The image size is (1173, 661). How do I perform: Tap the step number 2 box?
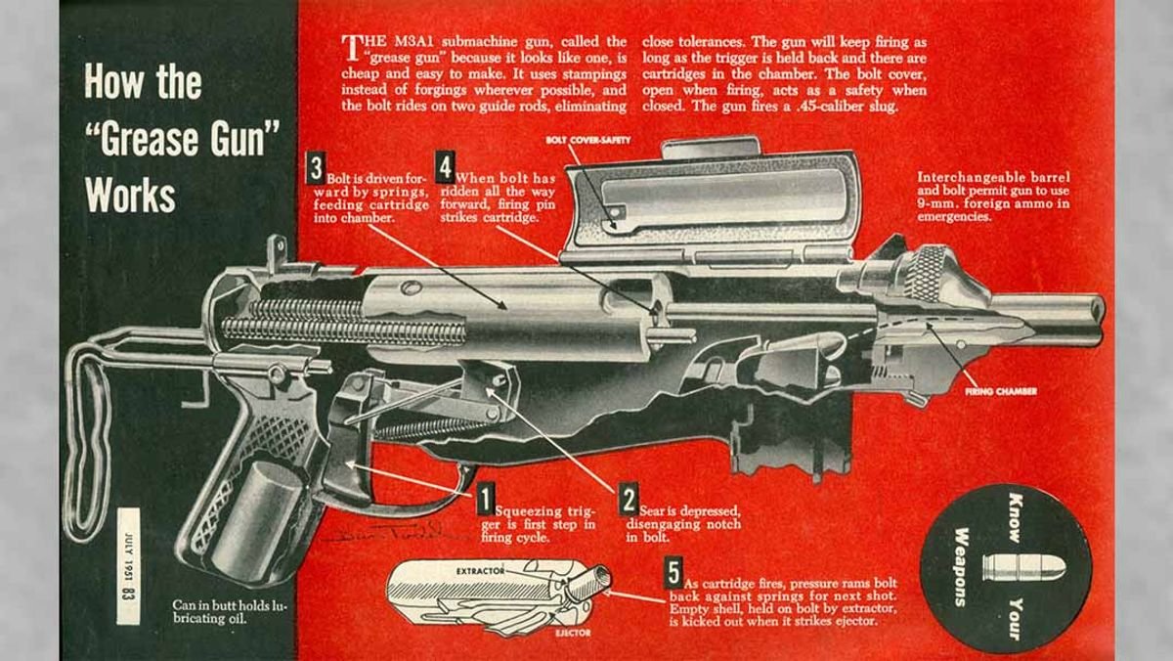pos(630,499)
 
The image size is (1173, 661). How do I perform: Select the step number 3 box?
pos(316,166)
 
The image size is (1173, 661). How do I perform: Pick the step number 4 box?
pos(445,166)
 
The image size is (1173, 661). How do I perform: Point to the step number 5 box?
pos(673,571)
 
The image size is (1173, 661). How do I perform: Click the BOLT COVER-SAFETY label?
pos(588,140)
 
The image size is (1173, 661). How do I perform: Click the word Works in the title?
pos(130,196)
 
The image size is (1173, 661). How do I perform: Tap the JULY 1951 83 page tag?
pos(128,566)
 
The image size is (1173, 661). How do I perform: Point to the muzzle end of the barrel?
pos(1095,310)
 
